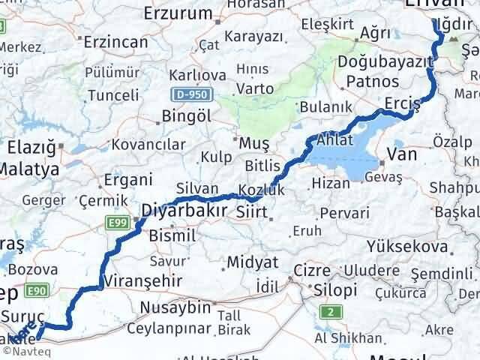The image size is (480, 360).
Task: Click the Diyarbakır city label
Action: click(184, 212)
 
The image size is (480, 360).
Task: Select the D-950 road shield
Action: click(193, 94)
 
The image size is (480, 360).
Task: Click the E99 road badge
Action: click(116, 222)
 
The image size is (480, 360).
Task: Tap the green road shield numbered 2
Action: click(328, 311)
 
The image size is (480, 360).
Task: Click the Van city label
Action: click(397, 154)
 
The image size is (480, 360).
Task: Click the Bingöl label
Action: click(185, 117)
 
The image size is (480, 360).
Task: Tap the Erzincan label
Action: click(115, 41)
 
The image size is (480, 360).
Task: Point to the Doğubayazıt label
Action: click(386, 61)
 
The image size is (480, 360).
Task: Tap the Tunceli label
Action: click(113, 95)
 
